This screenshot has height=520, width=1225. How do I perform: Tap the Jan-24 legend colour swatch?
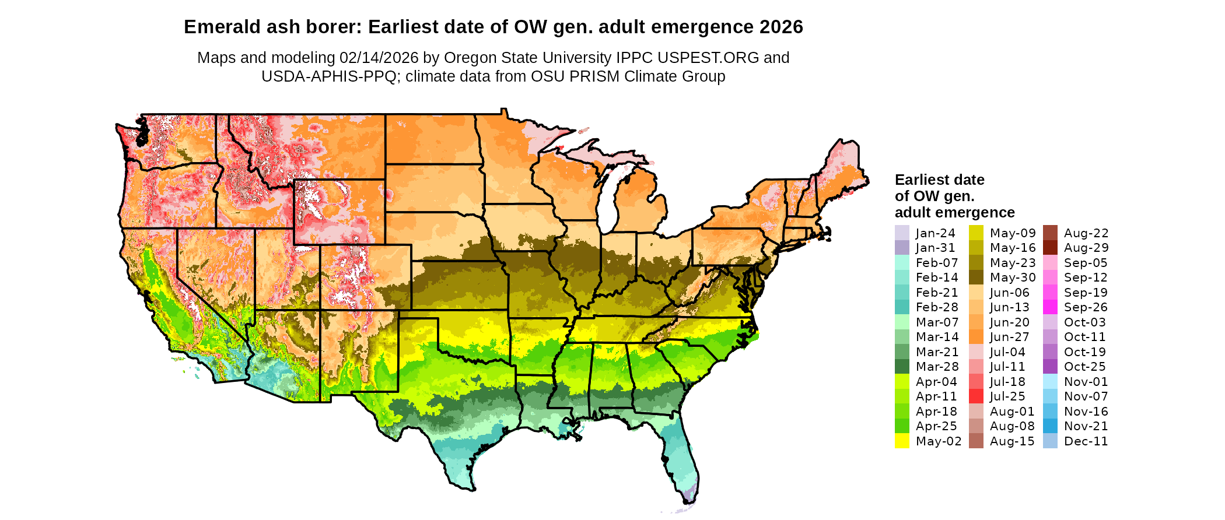click(902, 233)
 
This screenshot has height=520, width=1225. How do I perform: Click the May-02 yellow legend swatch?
click(902, 441)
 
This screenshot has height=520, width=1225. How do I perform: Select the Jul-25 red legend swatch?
click(976, 396)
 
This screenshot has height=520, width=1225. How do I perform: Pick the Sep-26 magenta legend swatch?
click(1050, 307)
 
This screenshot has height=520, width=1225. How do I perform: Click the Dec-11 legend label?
click(1086, 441)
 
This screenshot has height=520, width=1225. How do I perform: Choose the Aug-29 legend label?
click(1086, 248)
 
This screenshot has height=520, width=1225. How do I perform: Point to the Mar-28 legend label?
click(937, 367)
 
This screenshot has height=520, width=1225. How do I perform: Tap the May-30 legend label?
click(1013, 277)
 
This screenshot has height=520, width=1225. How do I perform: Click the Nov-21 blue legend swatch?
click(1050, 426)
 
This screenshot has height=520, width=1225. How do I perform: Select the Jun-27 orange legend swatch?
click(976, 337)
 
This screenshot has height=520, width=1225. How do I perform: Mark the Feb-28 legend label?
click(937, 307)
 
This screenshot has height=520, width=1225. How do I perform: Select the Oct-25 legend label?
click(1085, 367)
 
